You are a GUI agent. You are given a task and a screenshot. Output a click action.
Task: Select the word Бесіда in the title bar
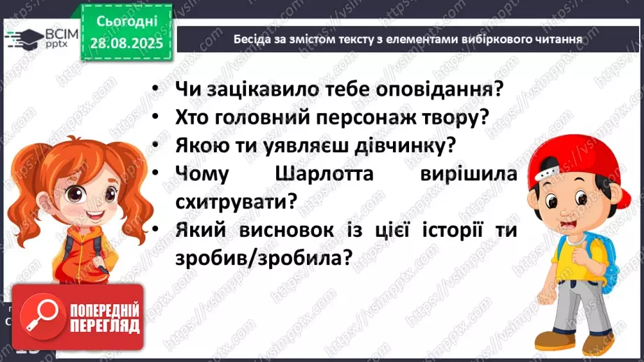coord(252,39)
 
